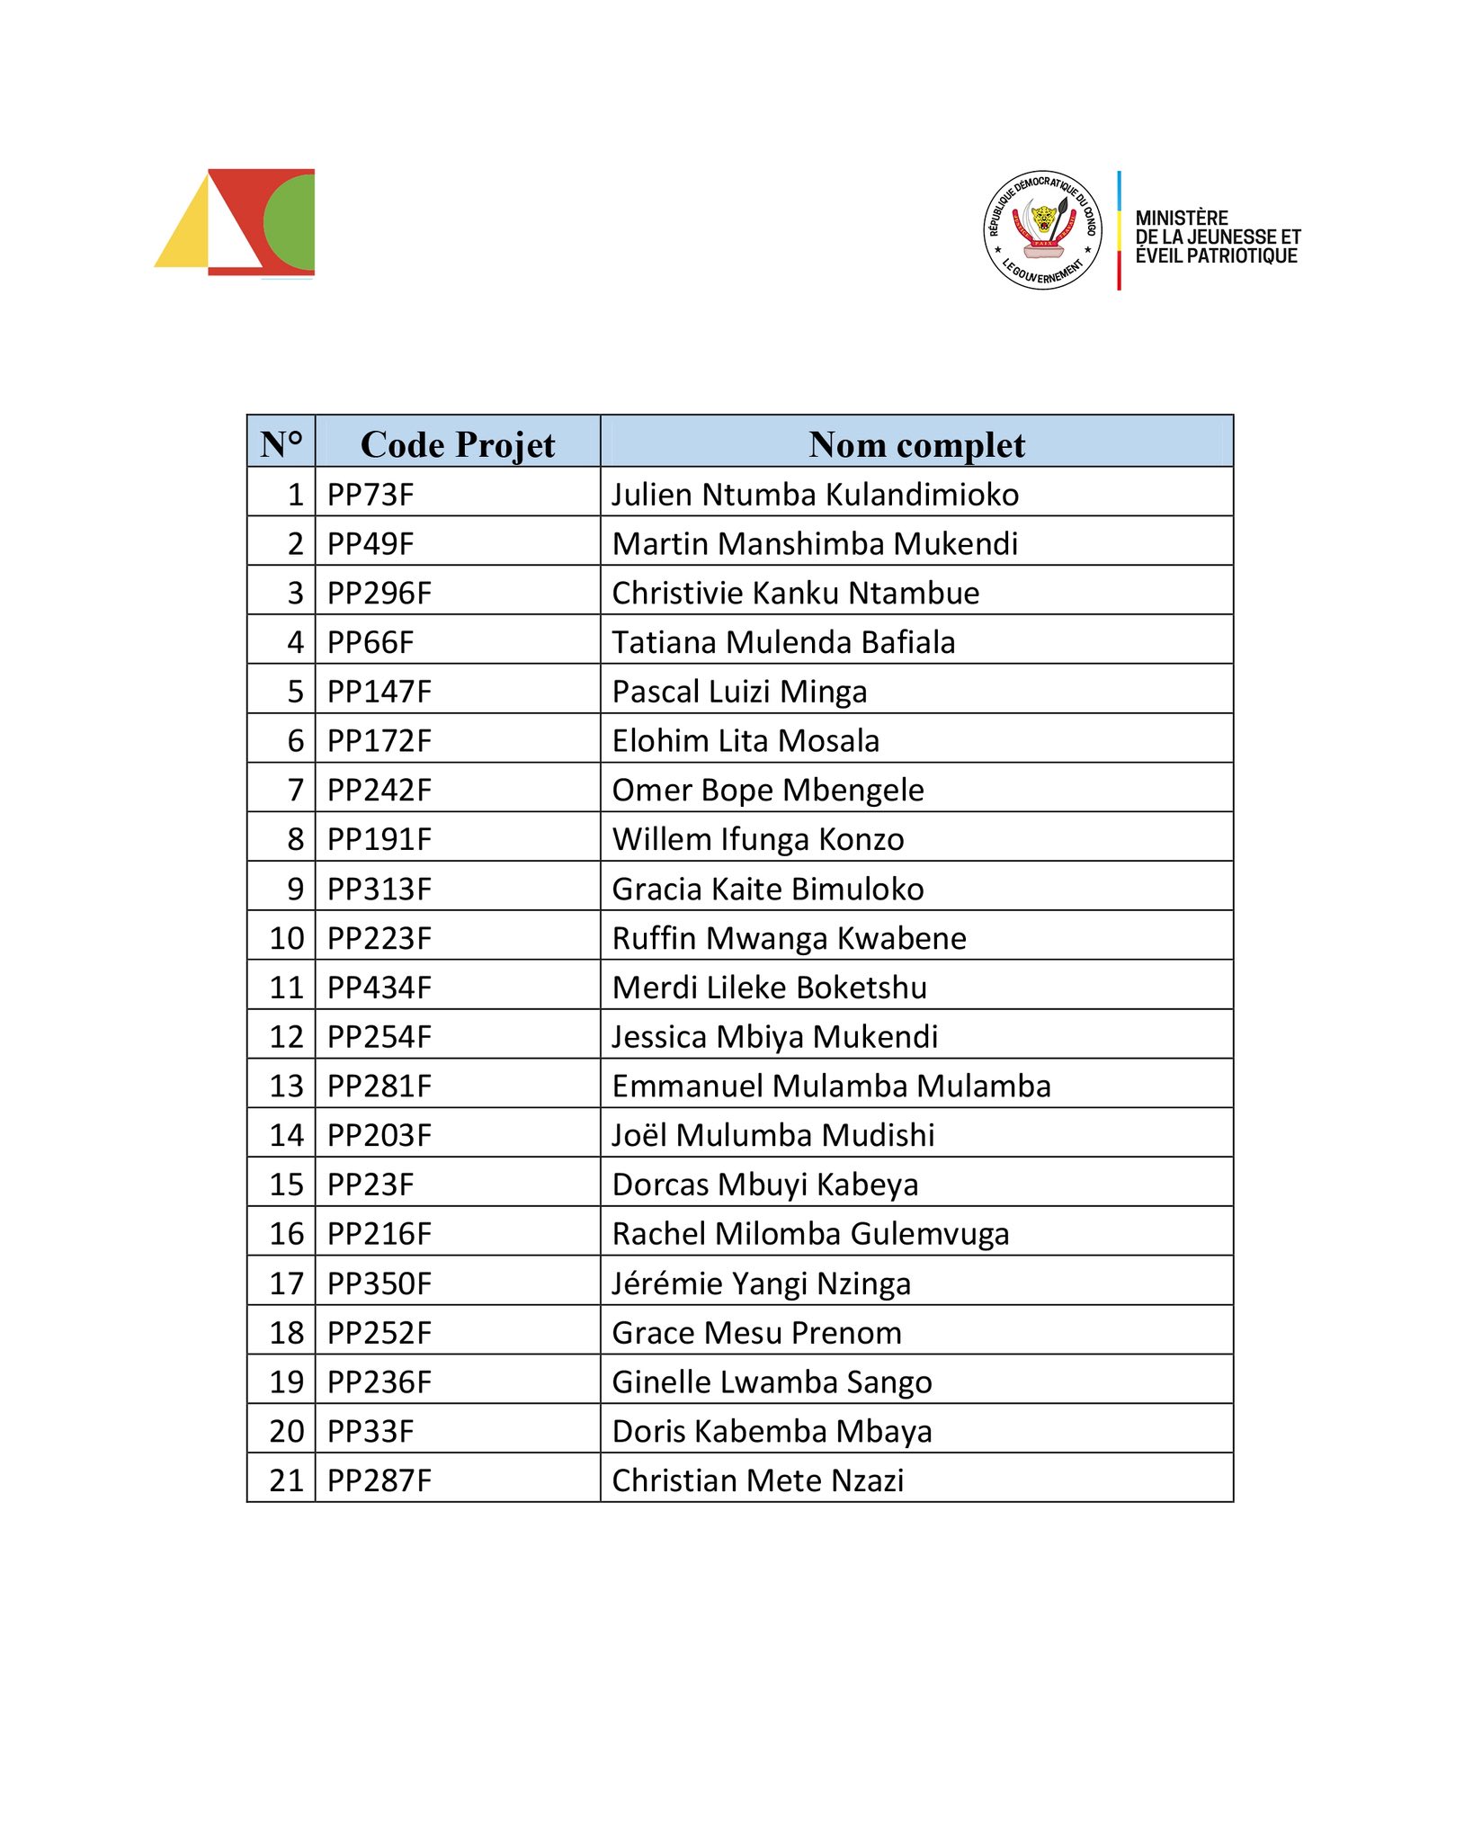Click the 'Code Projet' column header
click(x=457, y=444)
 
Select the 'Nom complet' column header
click(x=916, y=444)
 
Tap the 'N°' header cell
click(x=281, y=444)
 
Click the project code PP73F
click(x=370, y=495)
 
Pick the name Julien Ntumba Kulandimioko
click(x=815, y=495)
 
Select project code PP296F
click(x=379, y=594)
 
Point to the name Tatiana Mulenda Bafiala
click(x=783, y=642)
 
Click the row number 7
click(x=295, y=791)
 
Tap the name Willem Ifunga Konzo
click(x=758, y=839)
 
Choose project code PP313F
click(x=379, y=889)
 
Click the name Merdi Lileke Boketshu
click(x=769, y=988)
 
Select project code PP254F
click(x=379, y=1037)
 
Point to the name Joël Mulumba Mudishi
click(x=773, y=1135)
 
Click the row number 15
click(x=287, y=1185)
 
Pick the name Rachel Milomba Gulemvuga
click(x=810, y=1234)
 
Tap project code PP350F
click(x=379, y=1283)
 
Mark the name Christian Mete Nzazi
click(x=758, y=1480)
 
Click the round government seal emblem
click(x=1042, y=230)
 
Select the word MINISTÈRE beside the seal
click(x=1182, y=218)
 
